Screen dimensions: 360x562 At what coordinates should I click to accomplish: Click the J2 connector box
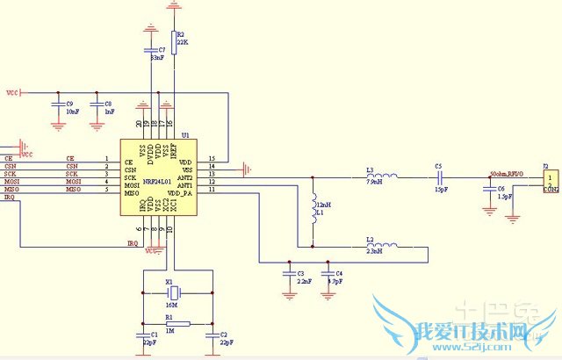pyautogui.click(x=545, y=181)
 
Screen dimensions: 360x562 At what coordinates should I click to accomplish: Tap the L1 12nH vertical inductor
pyautogui.click(x=313, y=207)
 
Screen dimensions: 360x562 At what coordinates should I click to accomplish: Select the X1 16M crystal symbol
pyautogui.click(x=174, y=292)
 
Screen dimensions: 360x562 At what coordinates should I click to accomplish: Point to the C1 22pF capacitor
pyautogui.click(x=143, y=335)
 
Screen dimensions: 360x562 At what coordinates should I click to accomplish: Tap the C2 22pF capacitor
pyautogui.click(x=212, y=335)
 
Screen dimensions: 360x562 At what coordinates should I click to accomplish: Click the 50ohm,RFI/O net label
pyautogui.click(x=507, y=174)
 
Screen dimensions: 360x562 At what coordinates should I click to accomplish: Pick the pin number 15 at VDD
pyautogui.click(x=212, y=159)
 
